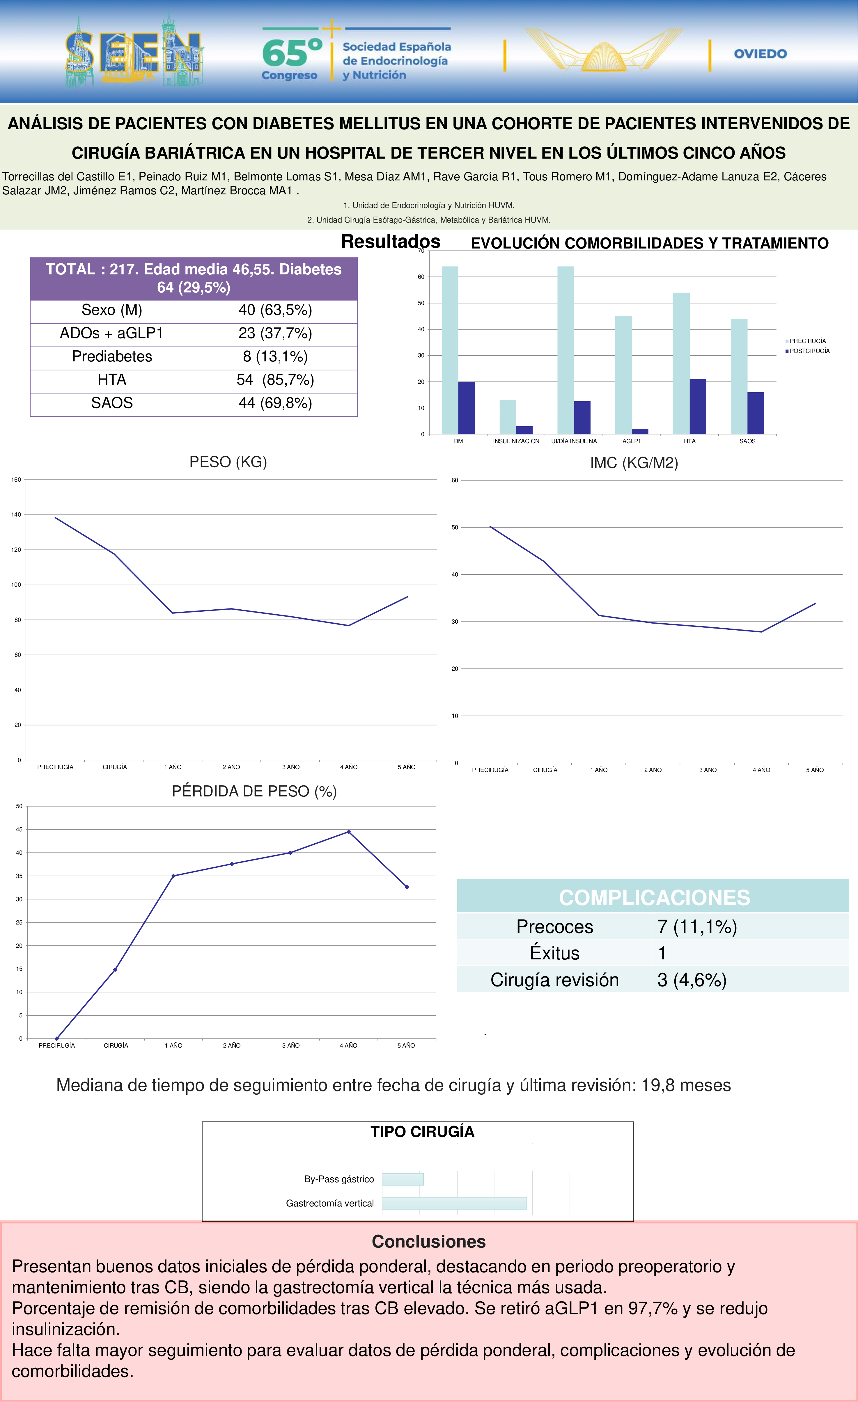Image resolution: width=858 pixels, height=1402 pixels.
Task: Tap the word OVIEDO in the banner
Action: (x=760, y=54)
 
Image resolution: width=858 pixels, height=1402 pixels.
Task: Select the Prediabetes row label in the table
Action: (x=112, y=357)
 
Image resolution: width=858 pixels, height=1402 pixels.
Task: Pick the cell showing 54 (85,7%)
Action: (x=275, y=380)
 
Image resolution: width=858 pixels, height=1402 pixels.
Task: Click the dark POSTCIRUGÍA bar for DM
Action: (x=467, y=408)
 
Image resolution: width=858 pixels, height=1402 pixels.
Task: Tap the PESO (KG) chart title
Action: (x=228, y=462)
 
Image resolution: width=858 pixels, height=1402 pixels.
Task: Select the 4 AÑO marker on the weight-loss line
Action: (x=349, y=832)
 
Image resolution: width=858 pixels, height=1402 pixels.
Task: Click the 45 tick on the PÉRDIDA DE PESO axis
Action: (x=19, y=830)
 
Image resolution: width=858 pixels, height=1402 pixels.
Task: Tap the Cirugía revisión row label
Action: (x=555, y=980)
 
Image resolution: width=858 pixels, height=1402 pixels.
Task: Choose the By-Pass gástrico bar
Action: (x=403, y=1179)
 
